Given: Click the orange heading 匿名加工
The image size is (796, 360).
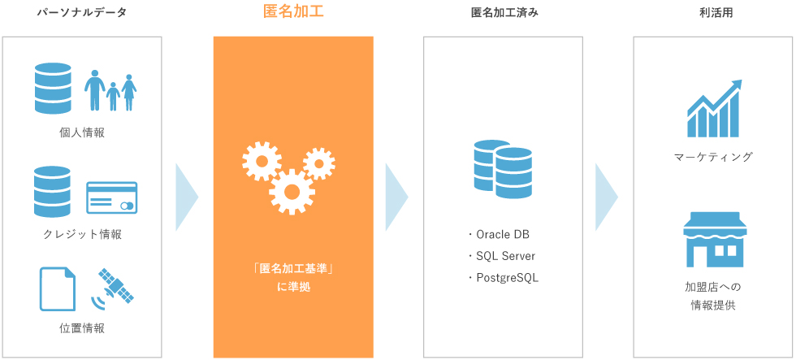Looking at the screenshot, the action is click(293, 11).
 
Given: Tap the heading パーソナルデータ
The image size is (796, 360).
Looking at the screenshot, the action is click(82, 13).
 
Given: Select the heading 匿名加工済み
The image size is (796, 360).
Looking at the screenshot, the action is click(504, 13).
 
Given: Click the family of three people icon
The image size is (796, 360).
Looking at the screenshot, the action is click(110, 90).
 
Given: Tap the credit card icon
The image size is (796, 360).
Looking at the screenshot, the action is click(112, 197).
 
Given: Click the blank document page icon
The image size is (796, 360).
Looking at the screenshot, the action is click(58, 289).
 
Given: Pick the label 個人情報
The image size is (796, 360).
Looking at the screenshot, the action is click(82, 133).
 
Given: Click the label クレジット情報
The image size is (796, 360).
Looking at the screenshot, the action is click(82, 235).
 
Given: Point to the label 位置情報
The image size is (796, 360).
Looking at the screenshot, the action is click(82, 328).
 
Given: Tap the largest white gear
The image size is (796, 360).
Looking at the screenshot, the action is click(292, 192).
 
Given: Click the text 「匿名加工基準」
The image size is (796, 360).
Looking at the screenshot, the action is click(293, 267).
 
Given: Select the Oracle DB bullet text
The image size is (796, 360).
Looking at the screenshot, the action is click(499, 235).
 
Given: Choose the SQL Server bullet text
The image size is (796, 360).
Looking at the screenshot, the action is click(502, 256).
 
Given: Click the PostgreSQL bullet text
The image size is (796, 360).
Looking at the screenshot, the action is click(504, 278).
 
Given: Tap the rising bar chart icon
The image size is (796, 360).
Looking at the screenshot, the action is click(714, 108).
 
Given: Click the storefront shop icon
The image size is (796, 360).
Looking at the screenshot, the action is click(715, 240).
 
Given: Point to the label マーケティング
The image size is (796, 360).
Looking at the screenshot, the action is click(713, 156).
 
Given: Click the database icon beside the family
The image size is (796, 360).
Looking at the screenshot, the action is click(53, 89).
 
